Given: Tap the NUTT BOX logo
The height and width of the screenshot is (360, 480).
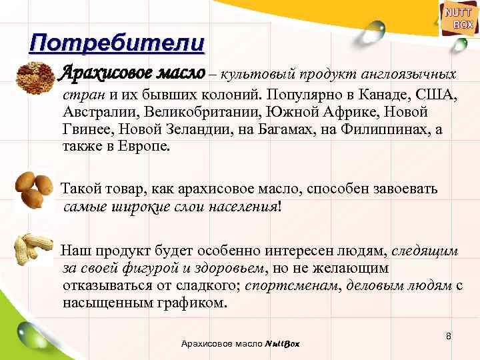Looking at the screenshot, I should coord(459,18).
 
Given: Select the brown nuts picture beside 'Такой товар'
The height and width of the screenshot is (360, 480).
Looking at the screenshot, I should coord(33,189).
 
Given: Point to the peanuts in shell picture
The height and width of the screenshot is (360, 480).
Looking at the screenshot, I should coord(33,251).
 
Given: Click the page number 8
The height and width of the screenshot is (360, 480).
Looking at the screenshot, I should coord(449,336).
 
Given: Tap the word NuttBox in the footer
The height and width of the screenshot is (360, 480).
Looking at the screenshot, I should coord(283,344).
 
